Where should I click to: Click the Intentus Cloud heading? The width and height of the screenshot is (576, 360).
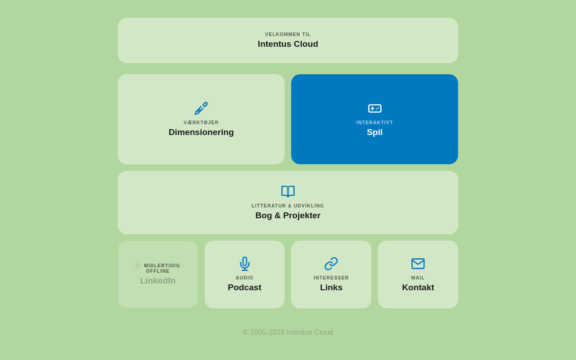tap(288, 44)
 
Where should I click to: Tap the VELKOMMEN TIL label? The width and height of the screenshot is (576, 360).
tap(288, 35)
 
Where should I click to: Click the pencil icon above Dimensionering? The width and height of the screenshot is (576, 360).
tap(201, 108)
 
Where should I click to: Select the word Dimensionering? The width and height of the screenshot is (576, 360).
tap(201, 132)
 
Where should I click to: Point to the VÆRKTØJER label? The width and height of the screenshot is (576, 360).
tap(201, 123)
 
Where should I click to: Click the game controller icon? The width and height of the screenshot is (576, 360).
tap(375, 108)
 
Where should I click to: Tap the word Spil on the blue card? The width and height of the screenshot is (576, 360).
tap(375, 132)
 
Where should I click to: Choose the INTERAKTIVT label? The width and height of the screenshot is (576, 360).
tap(375, 123)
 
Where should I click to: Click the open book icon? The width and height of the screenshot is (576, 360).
tap(288, 192)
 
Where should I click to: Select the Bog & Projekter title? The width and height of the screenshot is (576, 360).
tap(288, 216)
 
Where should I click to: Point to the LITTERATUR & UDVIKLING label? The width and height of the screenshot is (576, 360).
tap(288, 206)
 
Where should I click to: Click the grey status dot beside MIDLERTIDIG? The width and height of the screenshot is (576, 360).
tap(138, 265)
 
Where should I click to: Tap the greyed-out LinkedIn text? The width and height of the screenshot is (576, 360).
tap(158, 280)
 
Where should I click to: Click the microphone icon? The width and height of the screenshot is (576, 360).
tap(244, 264)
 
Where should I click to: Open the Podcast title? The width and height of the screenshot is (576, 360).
tap(244, 287)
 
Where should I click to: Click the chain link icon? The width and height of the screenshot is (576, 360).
tap(331, 264)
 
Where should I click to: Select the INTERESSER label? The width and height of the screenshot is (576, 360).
tap(331, 278)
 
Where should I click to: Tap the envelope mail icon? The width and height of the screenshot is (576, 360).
tap(418, 264)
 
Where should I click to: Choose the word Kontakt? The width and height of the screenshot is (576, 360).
tap(418, 287)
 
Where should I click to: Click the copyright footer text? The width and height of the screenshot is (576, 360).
tap(288, 332)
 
